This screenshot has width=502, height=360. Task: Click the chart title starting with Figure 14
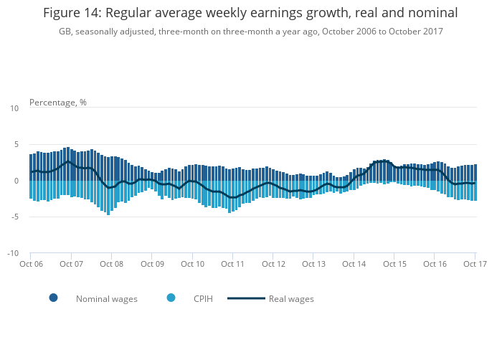pos(250,13)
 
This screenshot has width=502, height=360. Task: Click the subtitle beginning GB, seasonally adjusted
pos(250,32)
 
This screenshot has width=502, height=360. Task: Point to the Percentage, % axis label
pos(58,103)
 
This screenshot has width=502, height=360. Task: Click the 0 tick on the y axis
pos(16,181)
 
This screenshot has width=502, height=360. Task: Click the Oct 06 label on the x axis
pos(32,265)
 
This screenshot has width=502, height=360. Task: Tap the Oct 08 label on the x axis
pos(112,265)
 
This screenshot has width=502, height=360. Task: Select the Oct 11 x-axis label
pos(233,265)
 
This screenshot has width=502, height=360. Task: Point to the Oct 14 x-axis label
pos(354,265)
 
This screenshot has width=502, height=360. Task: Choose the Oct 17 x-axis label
pos(474,265)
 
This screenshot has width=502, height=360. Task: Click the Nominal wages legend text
pos(107,299)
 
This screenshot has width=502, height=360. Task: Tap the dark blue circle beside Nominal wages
pos(53,298)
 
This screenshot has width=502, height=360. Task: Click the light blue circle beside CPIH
pos(171,298)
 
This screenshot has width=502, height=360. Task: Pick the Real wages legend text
pos(291,299)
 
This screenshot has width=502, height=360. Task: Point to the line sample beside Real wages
pos(246,298)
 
